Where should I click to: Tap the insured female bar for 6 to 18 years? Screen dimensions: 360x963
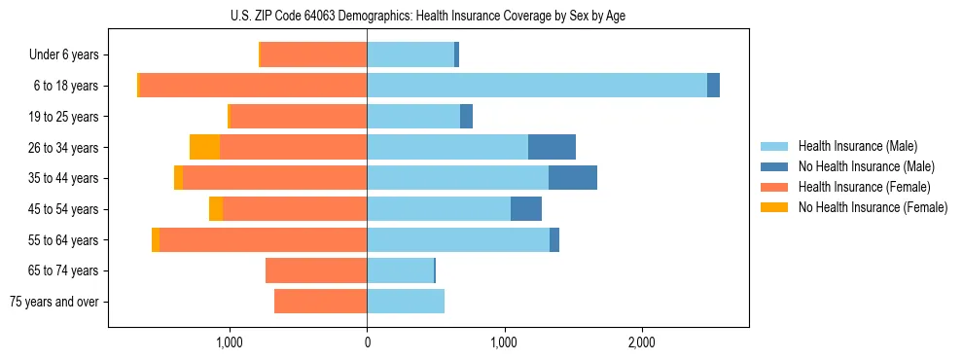tap(253, 86)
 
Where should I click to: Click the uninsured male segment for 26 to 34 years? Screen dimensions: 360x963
tap(552, 147)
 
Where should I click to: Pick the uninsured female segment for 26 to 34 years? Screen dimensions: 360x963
tap(204, 147)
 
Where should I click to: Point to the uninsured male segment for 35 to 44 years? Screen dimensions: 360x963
tap(573, 178)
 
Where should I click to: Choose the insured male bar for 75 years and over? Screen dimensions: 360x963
tap(406, 302)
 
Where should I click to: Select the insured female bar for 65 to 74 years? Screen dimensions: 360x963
tap(316, 270)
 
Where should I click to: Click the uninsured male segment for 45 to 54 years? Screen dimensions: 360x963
tap(526, 209)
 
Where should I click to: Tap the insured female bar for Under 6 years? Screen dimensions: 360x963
tap(314, 54)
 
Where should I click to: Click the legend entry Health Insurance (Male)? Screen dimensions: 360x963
tap(857, 146)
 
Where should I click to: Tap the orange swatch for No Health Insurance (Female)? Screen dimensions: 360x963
tap(775, 207)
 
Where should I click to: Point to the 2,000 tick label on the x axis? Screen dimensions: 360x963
tap(641, 342)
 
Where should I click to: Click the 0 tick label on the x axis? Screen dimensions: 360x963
tap(367, 342)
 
